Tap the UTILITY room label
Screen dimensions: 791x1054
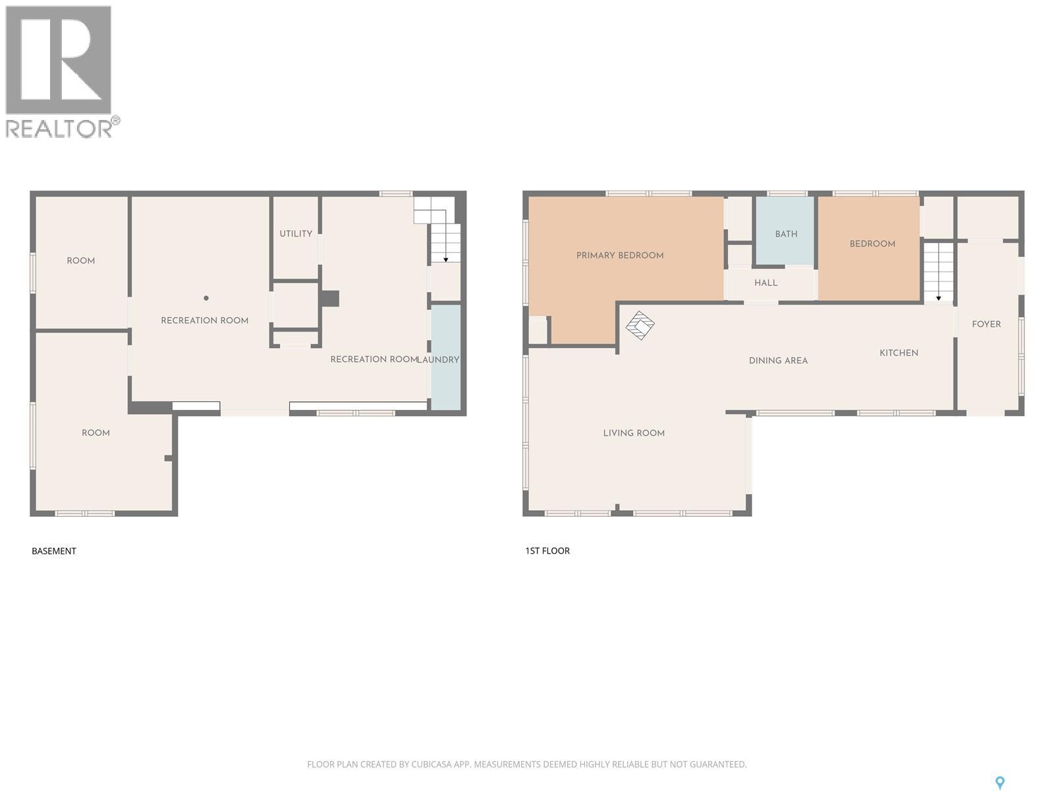(296, 234)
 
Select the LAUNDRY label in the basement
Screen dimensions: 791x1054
(439, 360)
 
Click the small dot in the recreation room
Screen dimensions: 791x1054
(206, 299)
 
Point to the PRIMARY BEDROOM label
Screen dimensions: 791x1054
(620, 256)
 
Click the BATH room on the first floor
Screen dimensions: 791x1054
(786, 234)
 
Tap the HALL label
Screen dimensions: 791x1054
(765, 283)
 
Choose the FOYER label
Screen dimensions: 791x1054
(986, 324)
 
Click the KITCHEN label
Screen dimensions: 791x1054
(899, 353)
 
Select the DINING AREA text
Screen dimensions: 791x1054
(778, 361)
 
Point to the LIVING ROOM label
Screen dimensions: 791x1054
(634, 433)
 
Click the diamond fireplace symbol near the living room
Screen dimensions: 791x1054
(640, 325)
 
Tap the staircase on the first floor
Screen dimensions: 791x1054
(938, 272)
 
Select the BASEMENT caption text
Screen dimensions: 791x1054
(54, 551)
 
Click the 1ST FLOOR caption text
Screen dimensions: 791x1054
(547, 551)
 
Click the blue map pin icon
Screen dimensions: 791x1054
(999, 782)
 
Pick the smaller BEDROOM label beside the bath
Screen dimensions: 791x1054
(872, 244)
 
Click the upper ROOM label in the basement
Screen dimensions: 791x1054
(81, 261)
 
